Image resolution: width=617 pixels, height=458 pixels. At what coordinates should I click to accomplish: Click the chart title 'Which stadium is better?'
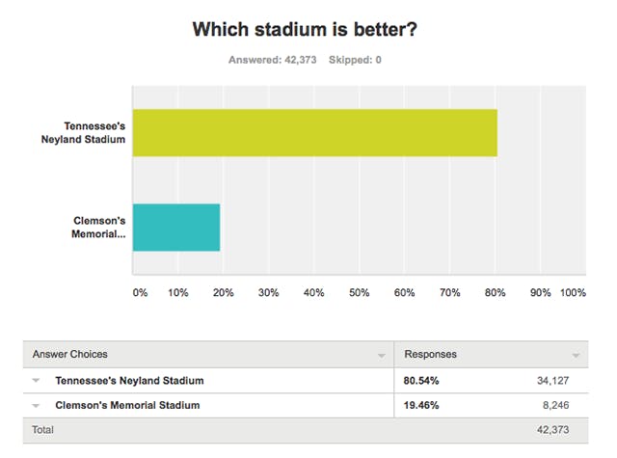(305, 29)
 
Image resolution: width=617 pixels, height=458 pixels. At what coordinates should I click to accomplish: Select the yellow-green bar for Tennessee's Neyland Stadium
(315, 133)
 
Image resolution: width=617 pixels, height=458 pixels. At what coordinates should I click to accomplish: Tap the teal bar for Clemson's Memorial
(176, 227)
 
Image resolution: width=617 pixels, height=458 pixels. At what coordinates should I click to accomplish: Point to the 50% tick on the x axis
(359, 293)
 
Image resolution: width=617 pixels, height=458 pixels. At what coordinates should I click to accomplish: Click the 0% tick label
(140, 293)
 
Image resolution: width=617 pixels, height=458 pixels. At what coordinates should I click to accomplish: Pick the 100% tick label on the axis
(573, 293)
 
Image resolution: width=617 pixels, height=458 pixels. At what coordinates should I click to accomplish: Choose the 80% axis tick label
(495, 293)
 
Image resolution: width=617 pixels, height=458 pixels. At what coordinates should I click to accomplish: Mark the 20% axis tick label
(223, 293)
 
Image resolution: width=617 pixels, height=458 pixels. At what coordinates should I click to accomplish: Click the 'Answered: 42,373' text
(272, 60)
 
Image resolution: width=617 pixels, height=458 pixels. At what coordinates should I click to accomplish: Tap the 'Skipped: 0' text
(355, 60)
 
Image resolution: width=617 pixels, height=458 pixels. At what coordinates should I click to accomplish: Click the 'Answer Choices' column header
(70, 354)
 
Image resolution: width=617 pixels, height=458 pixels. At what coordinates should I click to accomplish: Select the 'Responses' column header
(431, 354)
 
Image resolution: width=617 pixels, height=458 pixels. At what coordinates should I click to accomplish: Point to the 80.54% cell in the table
(421, 381)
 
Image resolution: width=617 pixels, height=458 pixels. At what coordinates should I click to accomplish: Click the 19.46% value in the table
(421, 405)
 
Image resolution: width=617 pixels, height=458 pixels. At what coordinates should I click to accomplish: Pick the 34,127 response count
(552, 381)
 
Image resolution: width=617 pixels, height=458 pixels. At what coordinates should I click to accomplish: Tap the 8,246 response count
(555, 405)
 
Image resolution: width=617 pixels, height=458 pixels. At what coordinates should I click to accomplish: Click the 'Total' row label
(42, 430)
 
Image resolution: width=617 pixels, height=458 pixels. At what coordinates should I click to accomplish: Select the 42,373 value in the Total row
(552, 430)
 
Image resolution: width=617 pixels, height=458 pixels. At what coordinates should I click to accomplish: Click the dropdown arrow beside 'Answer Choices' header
(382, 356)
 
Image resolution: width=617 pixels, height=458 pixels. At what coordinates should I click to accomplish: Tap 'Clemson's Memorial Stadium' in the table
(127, 405)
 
